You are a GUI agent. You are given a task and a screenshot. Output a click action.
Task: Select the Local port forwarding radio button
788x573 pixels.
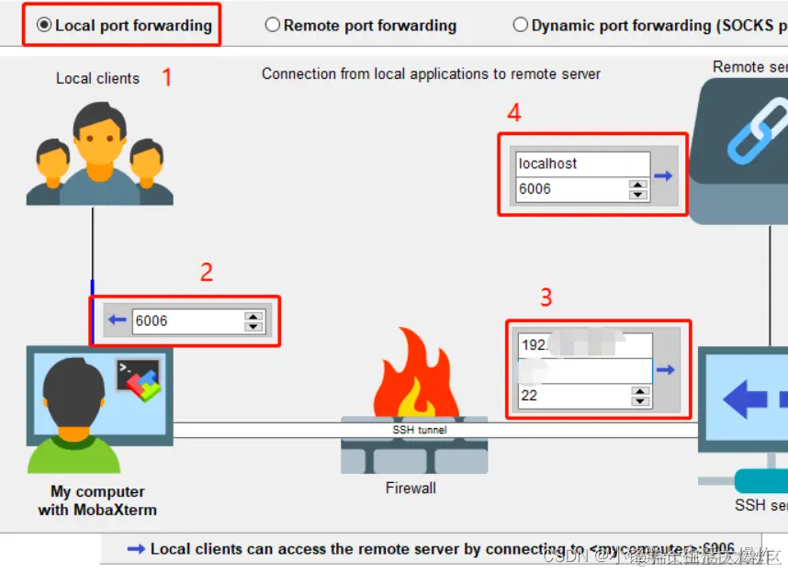point(44,26)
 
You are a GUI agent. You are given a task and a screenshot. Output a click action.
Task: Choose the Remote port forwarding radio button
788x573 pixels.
point(272,25)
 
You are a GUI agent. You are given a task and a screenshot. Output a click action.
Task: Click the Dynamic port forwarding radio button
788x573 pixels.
point(521,25)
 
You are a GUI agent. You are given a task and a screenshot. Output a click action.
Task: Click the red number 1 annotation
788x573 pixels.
point(166,77)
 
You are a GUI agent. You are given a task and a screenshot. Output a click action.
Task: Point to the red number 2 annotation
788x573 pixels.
point(206,272)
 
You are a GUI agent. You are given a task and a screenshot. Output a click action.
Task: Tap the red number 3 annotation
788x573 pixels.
point(546,297)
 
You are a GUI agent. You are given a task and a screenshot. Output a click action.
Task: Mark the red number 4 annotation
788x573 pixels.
point(514,113)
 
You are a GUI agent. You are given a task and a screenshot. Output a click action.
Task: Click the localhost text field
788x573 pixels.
point(582,164)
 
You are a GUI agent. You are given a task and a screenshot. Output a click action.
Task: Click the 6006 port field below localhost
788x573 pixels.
point(570,189)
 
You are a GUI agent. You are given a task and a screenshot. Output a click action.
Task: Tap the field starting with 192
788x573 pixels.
point(584,345)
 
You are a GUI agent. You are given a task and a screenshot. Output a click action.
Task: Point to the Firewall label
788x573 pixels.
point(411,488)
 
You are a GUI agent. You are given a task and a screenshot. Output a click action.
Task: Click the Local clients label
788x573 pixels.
point(97,78)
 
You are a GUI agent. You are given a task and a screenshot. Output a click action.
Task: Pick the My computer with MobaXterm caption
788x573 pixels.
point(97,500)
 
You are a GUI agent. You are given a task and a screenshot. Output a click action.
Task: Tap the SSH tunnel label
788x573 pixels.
point(419,430)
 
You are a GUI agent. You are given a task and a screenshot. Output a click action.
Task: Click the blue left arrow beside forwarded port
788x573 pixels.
point(117,320)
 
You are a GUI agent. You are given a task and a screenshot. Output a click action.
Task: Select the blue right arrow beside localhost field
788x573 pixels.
point(663,176)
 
